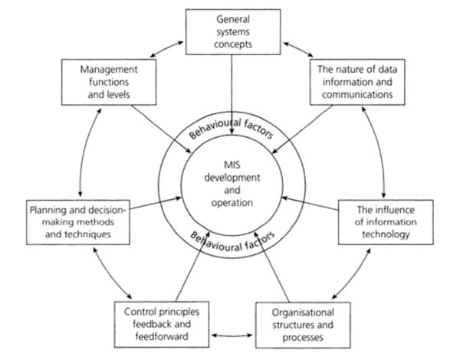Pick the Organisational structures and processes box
303,326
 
